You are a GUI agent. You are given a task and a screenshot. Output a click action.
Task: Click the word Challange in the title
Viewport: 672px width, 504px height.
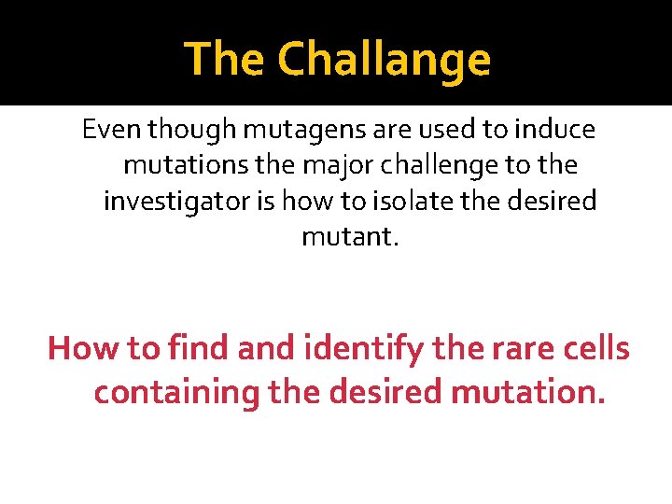point(384,60)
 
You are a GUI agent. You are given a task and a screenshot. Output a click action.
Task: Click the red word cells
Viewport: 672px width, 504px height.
point(595,348)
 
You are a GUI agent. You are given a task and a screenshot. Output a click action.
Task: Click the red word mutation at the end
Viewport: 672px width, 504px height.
point(527,392)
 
